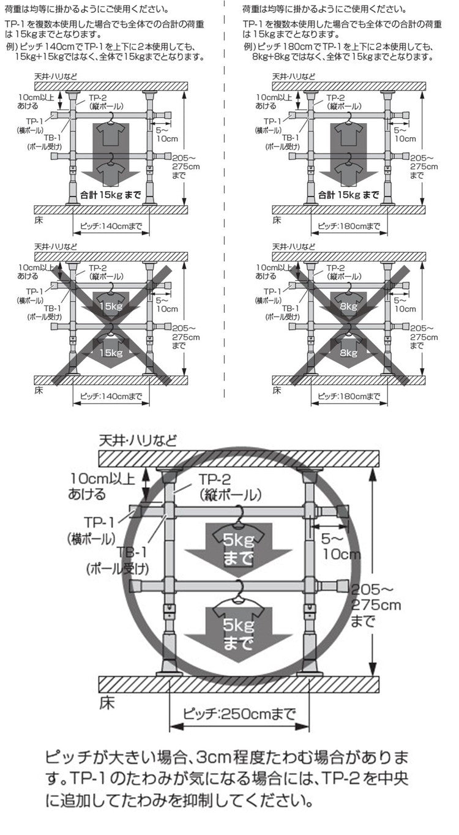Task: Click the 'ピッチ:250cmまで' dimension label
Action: click(x=239, y=714)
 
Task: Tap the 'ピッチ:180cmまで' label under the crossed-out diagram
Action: click(x=349, y=396)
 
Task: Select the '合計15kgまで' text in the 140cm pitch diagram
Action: click(x=111, y=195)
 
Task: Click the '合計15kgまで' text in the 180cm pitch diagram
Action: click(x=348, y=195)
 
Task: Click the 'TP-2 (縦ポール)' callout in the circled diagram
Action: click(x=230, y=487)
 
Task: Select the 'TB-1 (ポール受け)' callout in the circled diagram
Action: click(x=118, y=560)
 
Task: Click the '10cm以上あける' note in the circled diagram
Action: click(x=102, y=486)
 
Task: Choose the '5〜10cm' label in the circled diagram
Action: click(x=341, y=546)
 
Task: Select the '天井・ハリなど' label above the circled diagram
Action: click(x=138, y=441)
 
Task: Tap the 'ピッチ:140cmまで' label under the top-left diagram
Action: click(x=111, y=227)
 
